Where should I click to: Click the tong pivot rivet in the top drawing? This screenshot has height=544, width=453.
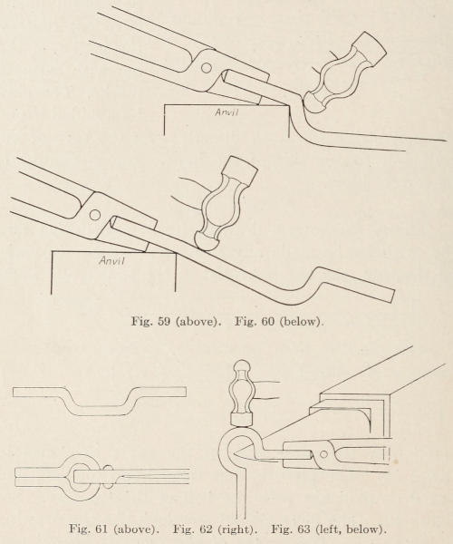[206, 68]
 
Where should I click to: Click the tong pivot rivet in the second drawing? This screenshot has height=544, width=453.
[94, 215]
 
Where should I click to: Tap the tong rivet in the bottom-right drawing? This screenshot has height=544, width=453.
[323, 454]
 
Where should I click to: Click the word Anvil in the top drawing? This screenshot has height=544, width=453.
[226, 112]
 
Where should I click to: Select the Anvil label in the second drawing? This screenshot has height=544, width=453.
[111, 260]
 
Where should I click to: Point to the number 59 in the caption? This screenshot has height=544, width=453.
[164, 321]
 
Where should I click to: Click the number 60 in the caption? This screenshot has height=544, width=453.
[267, 321]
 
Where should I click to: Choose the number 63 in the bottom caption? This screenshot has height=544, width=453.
[304, 529]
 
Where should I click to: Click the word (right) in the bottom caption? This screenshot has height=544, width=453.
[236, 529]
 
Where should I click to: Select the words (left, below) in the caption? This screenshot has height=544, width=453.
[350, 529]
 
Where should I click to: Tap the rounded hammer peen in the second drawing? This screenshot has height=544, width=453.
[206, 240]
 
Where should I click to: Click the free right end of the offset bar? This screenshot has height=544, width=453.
[392, 296]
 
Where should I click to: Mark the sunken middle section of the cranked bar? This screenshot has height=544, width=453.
[101, 410]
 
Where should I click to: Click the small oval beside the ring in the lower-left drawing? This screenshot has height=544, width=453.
[108, 477]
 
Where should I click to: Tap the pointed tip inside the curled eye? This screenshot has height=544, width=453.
[235, 454]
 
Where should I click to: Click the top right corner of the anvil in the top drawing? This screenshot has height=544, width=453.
[289, 105]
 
